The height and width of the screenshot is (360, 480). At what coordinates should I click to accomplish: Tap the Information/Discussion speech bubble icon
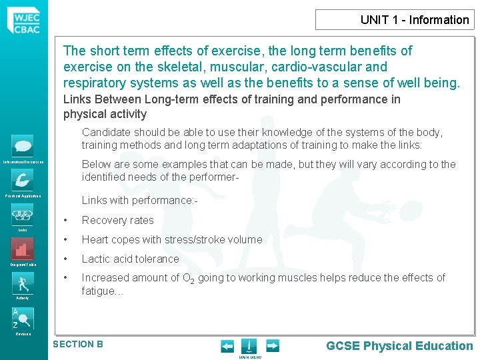point(23,145)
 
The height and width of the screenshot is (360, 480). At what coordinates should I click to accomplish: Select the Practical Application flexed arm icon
point(23,180)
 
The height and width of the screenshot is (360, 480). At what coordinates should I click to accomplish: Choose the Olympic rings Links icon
point(23,215)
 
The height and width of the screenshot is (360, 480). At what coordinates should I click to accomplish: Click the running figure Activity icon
point(23,283)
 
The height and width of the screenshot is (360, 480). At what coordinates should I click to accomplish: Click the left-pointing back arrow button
point(227,345)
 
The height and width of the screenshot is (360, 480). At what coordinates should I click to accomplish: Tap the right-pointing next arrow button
point(272,345)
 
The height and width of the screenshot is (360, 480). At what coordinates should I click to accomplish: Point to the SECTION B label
point(78,344)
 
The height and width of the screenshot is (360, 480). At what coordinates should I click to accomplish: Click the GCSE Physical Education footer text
point(399,345)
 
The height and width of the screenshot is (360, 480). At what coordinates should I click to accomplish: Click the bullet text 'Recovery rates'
point(117,220)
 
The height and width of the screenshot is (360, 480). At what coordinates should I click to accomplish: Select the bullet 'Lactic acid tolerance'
point(130,259)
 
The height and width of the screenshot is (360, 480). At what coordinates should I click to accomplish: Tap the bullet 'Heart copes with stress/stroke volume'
point(172,239)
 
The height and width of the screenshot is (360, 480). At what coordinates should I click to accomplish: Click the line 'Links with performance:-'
point(139,200)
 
